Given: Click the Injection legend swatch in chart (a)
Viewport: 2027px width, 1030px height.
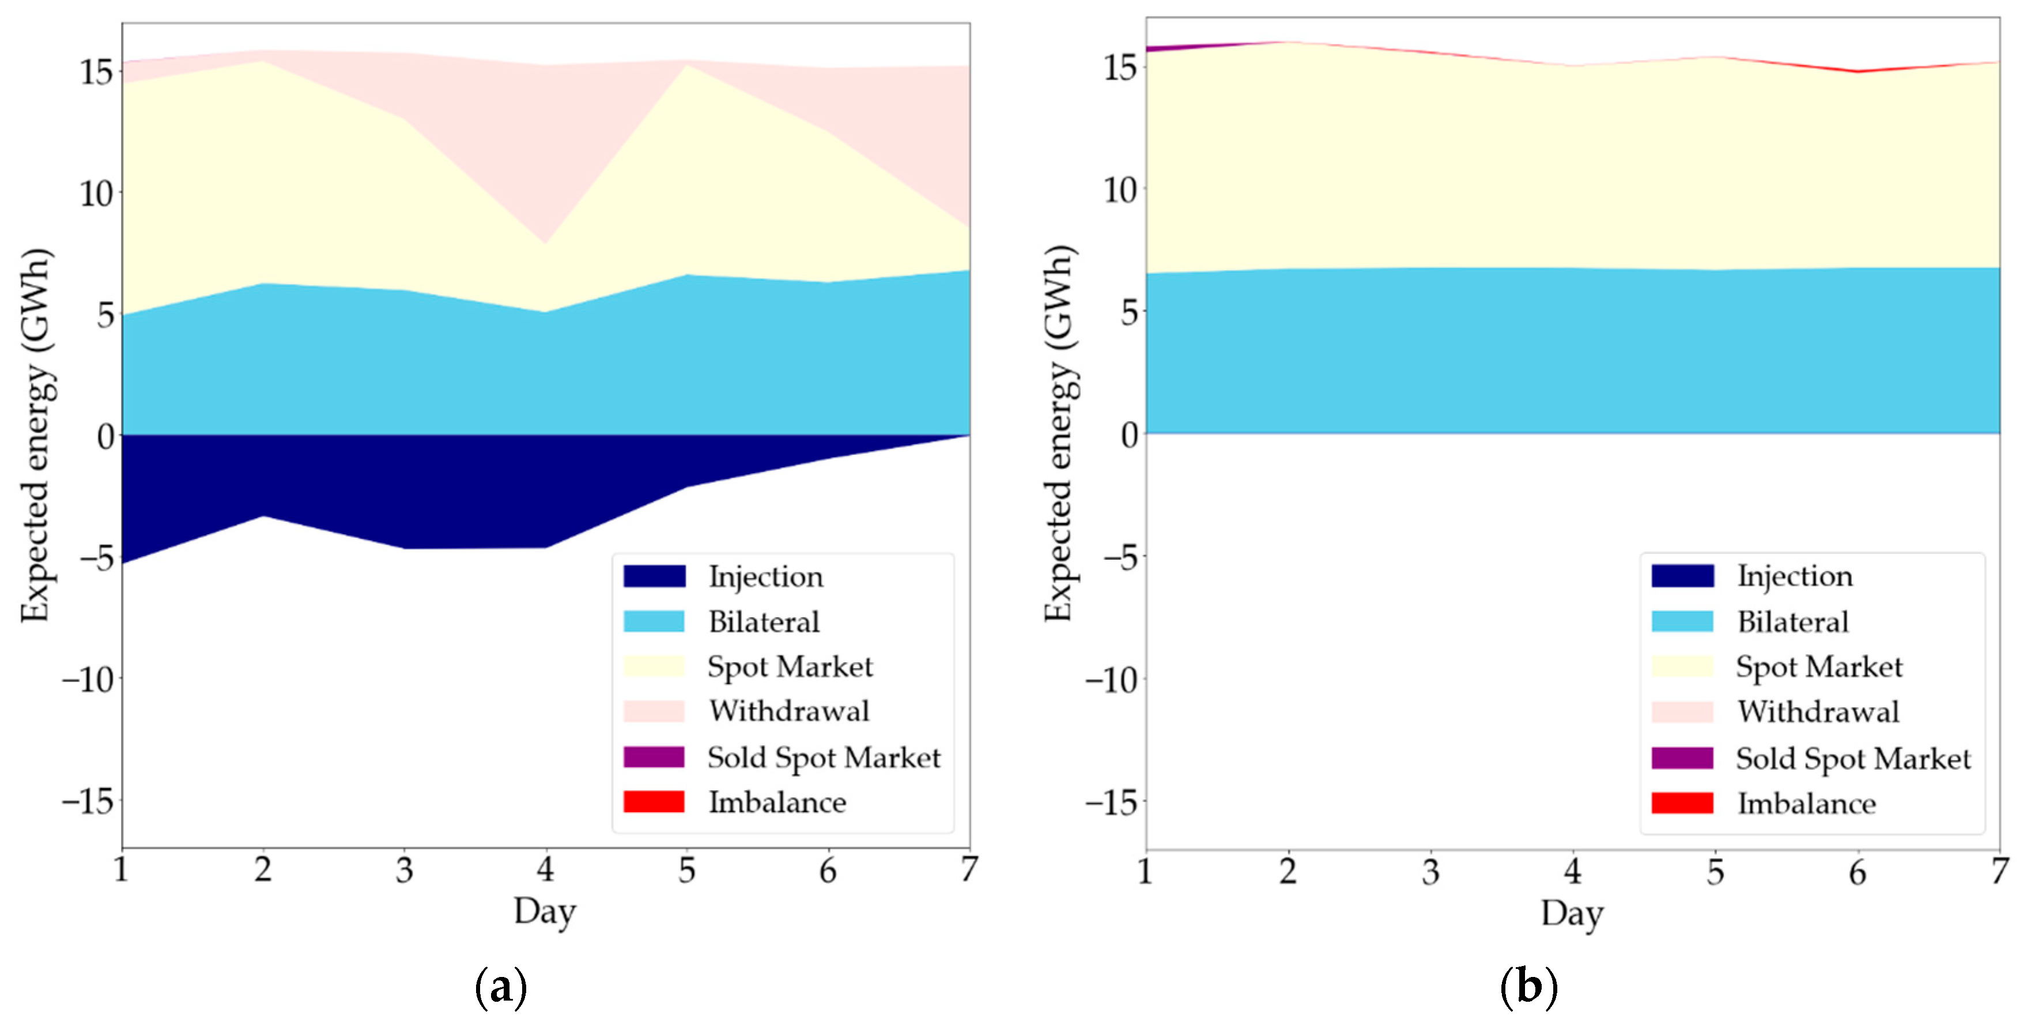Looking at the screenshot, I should (654, 576).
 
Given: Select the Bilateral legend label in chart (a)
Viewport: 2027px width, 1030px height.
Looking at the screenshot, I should (763, 621).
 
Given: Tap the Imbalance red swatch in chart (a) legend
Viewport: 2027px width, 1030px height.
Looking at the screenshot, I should (654, 801).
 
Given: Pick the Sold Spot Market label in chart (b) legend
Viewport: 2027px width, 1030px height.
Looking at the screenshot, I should (1853, 758).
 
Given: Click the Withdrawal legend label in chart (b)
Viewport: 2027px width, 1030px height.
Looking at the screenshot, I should (1818, 712).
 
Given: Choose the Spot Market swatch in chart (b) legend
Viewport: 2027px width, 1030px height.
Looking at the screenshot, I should (1682, 666).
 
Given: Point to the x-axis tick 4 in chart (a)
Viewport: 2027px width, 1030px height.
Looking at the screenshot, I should (545, 870).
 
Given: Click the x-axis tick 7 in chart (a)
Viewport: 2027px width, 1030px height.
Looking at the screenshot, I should (969, 870).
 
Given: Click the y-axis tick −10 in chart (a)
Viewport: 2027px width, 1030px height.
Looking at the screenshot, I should (89, 679).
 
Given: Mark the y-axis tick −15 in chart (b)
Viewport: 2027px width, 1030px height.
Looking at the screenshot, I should (1112, 802).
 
